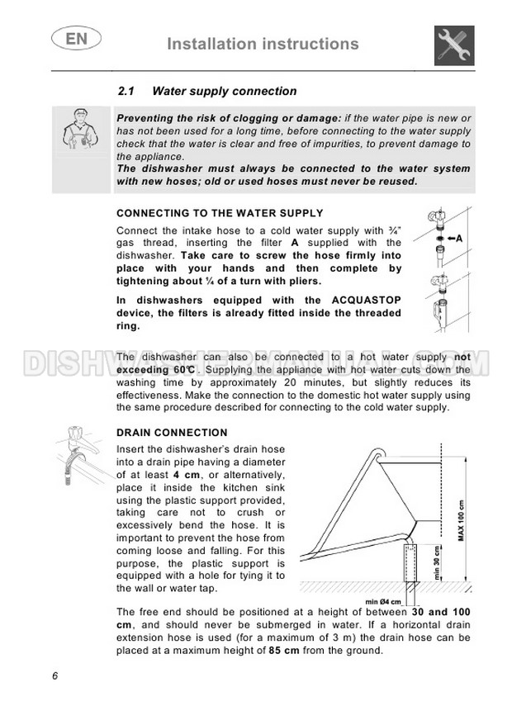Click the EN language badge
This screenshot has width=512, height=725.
(72, 38)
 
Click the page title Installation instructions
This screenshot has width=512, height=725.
(263, 44)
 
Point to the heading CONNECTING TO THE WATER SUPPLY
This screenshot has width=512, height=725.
(220, 213)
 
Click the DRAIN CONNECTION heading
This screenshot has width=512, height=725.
(172, 433)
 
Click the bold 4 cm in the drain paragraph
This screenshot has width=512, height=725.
(184, 476)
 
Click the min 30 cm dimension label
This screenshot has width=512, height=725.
(437, 565)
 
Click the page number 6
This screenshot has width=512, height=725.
(55, 676)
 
